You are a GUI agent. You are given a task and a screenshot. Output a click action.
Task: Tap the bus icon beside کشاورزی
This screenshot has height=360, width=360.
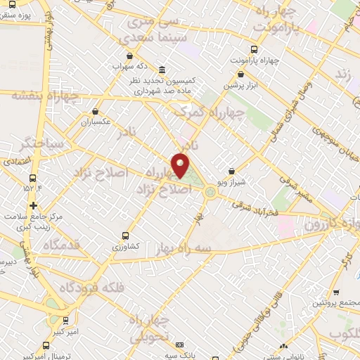pyautogui.click(x=125, y=236)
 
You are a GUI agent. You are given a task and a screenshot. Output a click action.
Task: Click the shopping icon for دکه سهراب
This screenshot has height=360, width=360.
pyautogui.click(x=129, y=56)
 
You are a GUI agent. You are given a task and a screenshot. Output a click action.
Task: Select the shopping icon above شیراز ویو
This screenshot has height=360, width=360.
pyautogui.click(x=232, y=171)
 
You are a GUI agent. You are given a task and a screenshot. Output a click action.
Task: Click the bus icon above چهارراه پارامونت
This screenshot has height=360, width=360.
pyautogui.click(x=254, y=49)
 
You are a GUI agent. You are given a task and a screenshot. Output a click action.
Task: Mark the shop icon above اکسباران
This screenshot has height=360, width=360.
pyautogui.click(x=95, y=111)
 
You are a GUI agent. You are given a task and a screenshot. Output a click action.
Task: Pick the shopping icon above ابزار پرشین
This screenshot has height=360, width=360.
pyautogui.click(x=241, y=74)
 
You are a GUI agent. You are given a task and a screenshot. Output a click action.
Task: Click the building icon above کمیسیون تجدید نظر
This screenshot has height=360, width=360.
pyautogui.click(x=162, y=70)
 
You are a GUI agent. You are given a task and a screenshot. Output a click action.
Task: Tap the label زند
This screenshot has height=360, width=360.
pyautogui.click(x=344, y=73)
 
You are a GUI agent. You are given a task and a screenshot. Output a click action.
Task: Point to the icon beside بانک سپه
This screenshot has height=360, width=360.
pyautogui.click(x=180, y=345)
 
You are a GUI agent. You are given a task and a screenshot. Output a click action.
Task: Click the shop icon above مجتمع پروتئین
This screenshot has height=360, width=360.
pyautogui.click(x=336, y=292)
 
